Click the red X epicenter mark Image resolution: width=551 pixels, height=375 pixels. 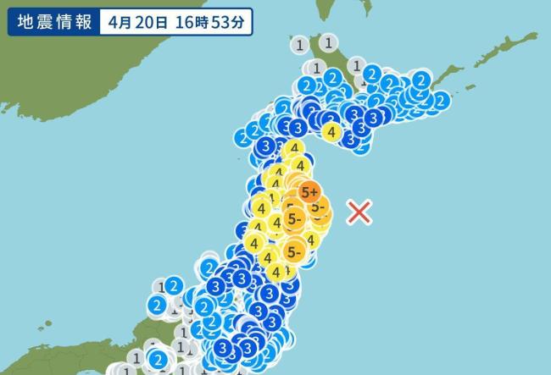tap(360, 211)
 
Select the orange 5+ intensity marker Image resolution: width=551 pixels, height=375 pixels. tap(310, 190)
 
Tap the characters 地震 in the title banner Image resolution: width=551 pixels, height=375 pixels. tap(31, 22)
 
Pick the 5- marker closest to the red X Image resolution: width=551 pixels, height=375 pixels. tap(318, 206)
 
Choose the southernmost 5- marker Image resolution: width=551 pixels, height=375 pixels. tap(294, 251)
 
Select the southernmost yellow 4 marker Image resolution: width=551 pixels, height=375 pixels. tap(275, 271)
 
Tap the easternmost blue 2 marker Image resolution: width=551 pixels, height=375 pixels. tap(440, 101)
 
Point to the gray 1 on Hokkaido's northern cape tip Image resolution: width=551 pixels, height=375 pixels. tap(330, 41)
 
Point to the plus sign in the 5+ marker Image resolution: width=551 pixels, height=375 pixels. tap(316, 190)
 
